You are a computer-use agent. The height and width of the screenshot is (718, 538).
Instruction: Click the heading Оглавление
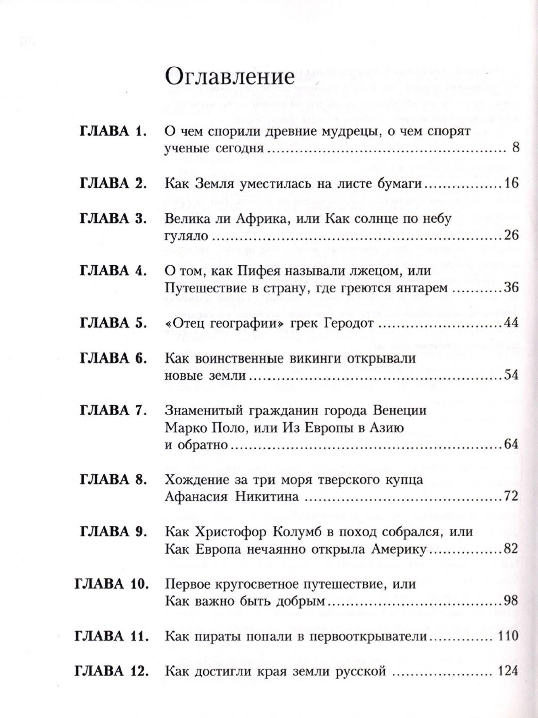[x=229, y=78]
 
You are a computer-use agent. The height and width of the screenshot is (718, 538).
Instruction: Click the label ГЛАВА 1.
[x=113, y=132]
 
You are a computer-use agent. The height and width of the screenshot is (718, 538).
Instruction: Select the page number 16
[x=510, y=184]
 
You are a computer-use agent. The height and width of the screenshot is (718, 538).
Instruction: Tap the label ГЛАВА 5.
[x=113, y=323]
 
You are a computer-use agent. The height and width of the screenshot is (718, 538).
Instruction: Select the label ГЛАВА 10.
[x=111, y=584]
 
